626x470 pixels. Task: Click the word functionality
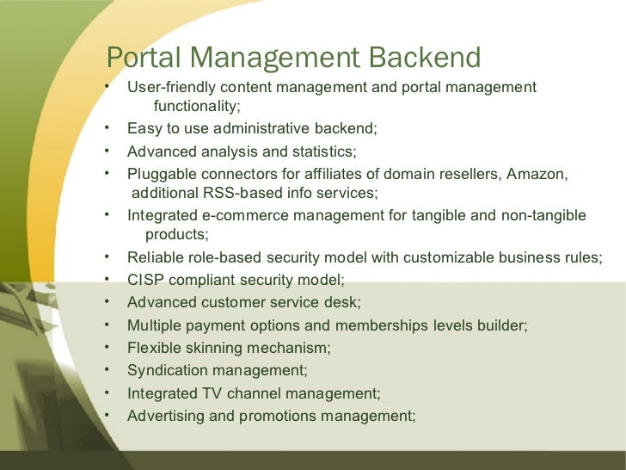click(x=196, y=106)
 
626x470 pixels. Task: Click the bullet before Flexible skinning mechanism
click(x=105, y=347)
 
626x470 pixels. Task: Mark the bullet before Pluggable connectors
click(x=105, y=172)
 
